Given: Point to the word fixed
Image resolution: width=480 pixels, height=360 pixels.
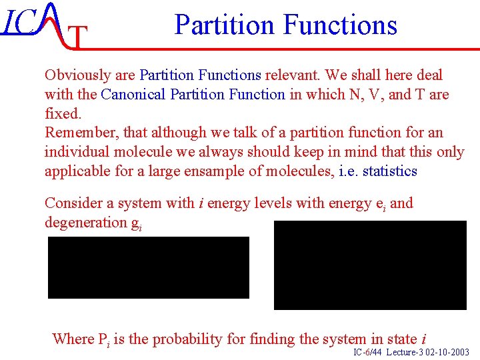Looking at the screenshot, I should click(62, 113).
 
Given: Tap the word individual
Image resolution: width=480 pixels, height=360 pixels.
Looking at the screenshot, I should click(76, 152).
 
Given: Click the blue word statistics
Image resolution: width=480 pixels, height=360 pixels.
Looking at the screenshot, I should click(389, 171).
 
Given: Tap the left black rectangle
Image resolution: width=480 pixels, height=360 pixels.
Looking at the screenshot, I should click(148, 267).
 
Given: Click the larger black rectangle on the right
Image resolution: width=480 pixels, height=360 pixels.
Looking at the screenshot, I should click(370, 265).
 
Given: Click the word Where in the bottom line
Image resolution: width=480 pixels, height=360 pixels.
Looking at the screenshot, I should click(73, 339).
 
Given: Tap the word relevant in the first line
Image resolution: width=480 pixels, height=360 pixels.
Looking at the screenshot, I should click(290, 75).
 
